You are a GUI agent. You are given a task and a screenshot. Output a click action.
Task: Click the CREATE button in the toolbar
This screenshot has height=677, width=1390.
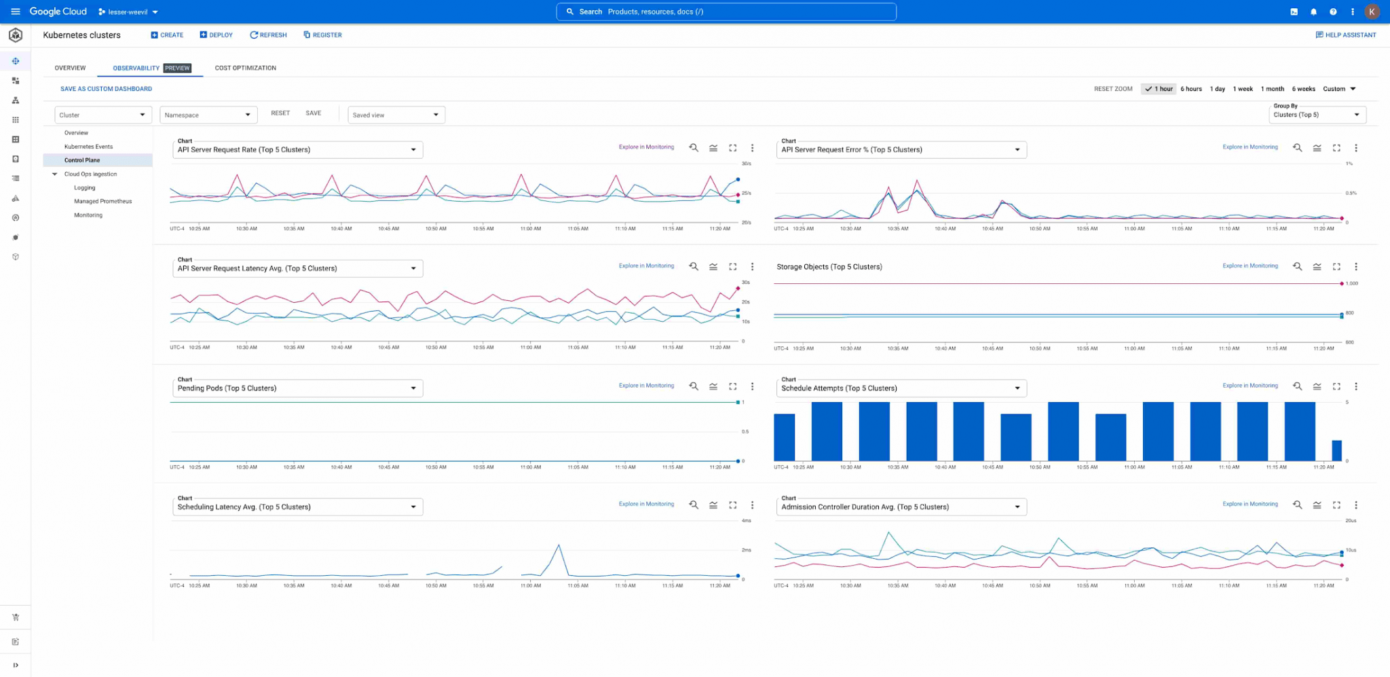[167, 35]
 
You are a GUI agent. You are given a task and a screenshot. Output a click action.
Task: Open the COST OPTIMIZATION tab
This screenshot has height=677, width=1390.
[245, 68]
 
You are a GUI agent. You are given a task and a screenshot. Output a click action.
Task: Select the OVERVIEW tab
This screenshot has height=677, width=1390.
[70, 68]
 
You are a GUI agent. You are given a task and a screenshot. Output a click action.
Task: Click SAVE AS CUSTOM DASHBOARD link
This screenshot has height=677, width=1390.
[106, 89]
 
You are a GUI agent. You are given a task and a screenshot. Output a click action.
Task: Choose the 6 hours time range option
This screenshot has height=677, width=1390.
[1190, 89]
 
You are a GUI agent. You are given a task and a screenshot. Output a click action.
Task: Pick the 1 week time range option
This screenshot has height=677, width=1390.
[1243, 89]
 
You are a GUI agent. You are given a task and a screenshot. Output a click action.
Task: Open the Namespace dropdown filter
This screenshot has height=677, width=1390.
[207, 115]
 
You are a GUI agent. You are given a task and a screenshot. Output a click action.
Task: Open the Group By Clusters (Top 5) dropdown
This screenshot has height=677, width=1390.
[1317, 114]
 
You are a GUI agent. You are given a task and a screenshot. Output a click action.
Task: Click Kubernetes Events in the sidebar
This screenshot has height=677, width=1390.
[88, 147]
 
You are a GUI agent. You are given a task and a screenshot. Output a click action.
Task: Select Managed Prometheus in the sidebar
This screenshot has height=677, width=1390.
[102, 202]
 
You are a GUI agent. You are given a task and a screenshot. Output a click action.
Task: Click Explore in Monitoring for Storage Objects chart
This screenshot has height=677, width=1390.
[1250, 266]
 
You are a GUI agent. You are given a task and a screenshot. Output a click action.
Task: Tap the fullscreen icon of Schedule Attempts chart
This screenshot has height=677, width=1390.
[1336, 386]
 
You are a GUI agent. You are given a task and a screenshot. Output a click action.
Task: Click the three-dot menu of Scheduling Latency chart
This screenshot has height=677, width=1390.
[752, 505]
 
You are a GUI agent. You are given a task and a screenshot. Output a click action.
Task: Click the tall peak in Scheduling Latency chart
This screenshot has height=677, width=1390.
[559, 545]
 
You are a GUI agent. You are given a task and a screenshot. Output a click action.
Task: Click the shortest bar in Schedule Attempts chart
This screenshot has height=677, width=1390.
[1336, 451]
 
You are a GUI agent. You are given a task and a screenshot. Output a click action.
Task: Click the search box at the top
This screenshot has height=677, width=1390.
[726, 12]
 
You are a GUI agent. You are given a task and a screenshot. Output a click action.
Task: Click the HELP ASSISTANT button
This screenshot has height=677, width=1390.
[1345, 35]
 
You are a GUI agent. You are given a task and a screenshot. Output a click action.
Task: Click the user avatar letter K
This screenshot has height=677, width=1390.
[1372, 12]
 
